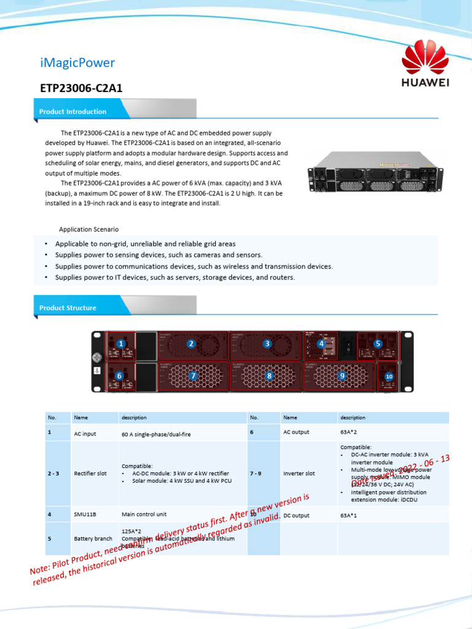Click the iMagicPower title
pyautogui.click(x=77, y=63)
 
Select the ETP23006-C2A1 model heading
pyautogui.click(x=81, y=88)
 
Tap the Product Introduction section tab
pyautogui.click(x=73, y=112)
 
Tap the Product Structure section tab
pyautogui.click(x=68, y=308)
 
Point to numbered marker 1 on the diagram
pyautogui.click(x=122, y=344)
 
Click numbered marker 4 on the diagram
pyautogui.click(x=321, y=344)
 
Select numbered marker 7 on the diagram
pyautogui.click(x=194, y=375)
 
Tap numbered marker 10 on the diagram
pyautogui.click(x=388, y=376)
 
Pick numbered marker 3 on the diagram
pyautogui.click(x=267, y=344)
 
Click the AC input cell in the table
pyautogui.click(x=85, y=434)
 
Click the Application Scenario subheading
pyautogui.click(x=88, y=229)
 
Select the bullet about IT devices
pyautogui.click(x=175, y=278)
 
